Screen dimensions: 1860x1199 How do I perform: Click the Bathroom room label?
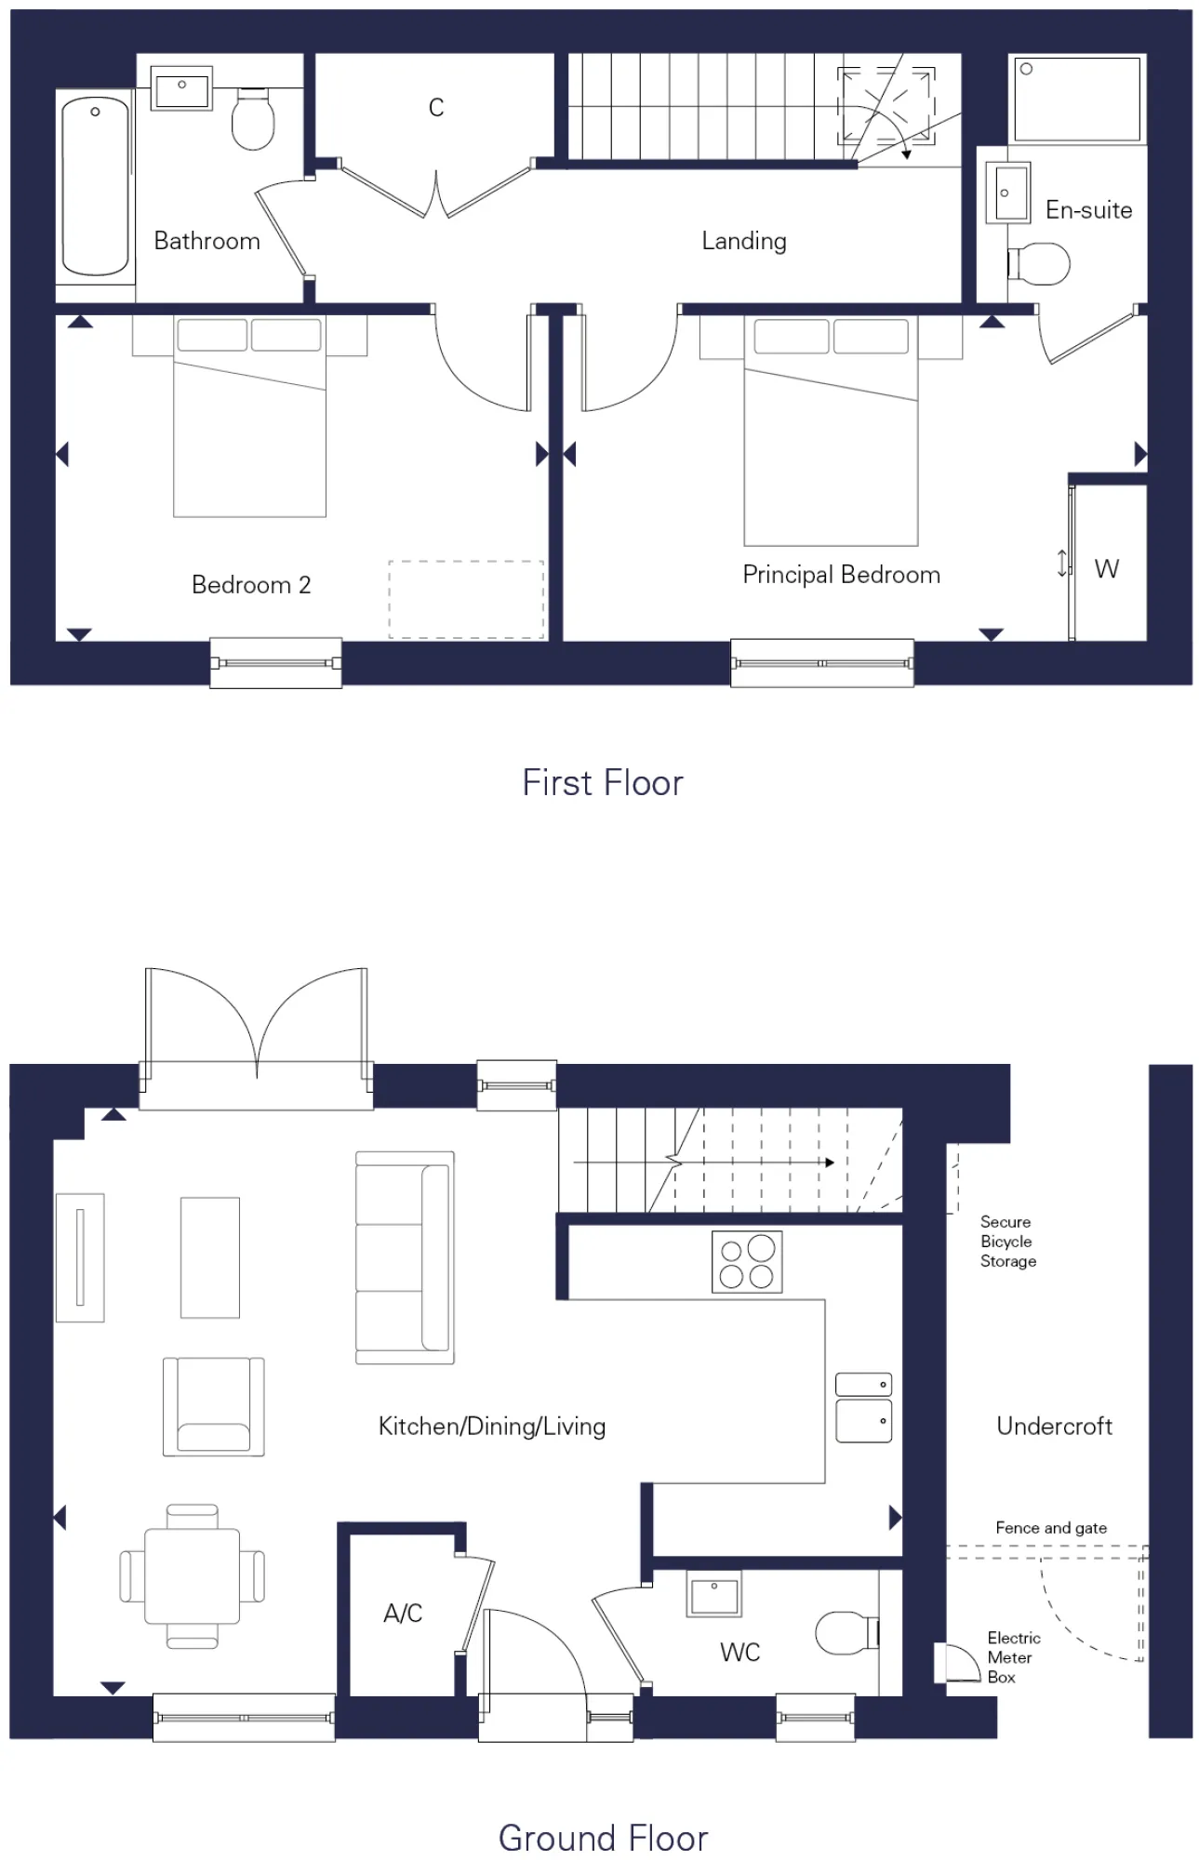206,241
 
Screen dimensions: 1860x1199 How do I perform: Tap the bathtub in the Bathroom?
95,186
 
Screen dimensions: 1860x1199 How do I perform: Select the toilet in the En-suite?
1040,263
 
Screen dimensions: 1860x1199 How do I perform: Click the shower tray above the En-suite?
1077,99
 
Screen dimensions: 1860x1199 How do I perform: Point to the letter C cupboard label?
435,108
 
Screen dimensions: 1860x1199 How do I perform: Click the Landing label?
743,241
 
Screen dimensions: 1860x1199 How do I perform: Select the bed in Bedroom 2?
249,418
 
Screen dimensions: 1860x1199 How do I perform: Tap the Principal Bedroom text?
841,575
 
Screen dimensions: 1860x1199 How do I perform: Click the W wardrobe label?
1106,569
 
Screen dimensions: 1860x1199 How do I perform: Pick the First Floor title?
602,783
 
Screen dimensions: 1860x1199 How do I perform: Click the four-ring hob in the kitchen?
746,1262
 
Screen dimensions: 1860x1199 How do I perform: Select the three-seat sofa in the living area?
405,1257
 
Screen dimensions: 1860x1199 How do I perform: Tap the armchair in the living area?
213,1406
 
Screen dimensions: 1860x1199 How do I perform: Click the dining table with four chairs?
192,1575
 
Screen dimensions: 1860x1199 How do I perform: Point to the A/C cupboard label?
403,1614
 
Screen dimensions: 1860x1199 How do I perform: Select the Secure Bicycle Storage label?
1007,1242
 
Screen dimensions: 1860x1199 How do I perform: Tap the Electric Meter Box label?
1013,1657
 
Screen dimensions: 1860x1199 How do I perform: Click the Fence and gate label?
1050,1528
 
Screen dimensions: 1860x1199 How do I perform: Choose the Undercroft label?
1054,1427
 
